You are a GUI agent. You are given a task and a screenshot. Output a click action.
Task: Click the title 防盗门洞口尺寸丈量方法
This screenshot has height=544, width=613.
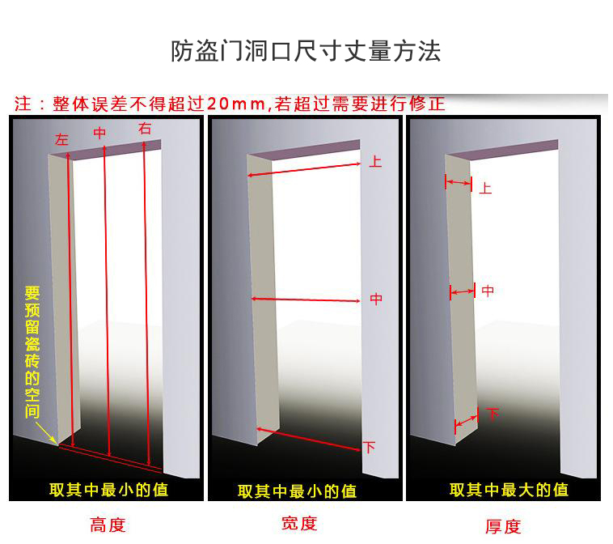click(306, 51)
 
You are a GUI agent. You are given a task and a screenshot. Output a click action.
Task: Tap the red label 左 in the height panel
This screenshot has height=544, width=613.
click(61, 140)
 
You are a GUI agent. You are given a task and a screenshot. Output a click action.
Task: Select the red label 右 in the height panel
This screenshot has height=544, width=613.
click(145, 129)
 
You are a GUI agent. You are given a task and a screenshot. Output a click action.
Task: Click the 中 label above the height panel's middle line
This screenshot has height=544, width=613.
click(99, 134)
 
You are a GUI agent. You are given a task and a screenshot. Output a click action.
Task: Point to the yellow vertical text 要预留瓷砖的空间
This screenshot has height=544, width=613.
click(32, 352)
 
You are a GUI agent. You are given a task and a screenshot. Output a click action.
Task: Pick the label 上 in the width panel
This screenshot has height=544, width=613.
click(375, 162)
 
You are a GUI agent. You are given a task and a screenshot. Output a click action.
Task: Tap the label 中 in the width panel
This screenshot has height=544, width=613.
click(376, 300)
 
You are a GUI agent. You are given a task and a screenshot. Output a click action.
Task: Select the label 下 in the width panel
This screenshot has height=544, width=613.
click(369, 447)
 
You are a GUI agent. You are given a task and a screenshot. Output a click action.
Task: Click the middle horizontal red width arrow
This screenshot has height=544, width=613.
click(306, 300)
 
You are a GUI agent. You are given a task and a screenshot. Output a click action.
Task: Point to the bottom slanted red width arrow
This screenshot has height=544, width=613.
click(308, 440)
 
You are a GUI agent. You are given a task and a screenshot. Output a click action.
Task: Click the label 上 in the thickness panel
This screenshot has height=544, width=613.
click(485, 189)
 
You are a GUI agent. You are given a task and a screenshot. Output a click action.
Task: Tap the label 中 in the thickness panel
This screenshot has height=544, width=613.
click(488, 291)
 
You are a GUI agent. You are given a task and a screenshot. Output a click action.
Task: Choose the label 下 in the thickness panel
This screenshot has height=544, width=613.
click(493, 414)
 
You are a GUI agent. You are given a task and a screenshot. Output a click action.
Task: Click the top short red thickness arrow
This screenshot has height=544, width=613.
click(459, 183)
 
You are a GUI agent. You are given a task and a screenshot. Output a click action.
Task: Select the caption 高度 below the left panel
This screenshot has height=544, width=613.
click(108, 525)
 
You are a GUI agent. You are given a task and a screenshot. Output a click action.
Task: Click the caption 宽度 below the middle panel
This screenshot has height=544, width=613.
click(299, 524)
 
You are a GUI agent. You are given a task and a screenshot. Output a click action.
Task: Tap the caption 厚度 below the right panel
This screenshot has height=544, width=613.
click(503, 526)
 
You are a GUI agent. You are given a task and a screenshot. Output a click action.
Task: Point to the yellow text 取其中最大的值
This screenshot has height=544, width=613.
click(509, 490)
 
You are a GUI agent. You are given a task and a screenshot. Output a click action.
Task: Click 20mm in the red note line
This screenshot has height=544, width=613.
click(236, 104)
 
